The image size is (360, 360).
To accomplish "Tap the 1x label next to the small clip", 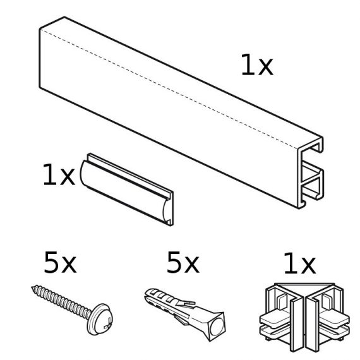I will point(59,176).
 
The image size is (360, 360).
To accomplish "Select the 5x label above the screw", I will point(60,263).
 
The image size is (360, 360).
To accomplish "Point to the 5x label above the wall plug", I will point(183,263).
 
